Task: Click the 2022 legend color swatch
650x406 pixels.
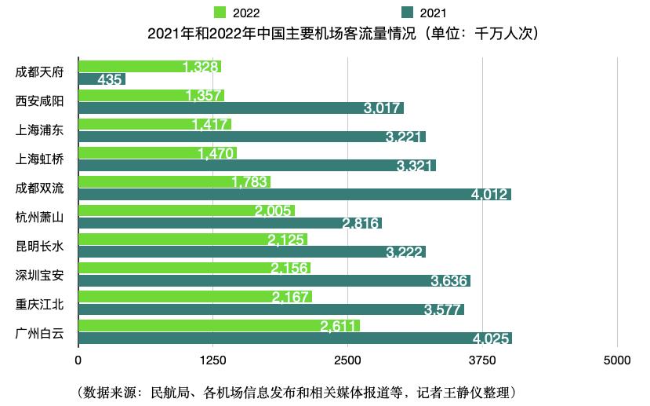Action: coord(221,12)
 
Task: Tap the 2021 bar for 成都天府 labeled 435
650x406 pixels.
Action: coord(102,79)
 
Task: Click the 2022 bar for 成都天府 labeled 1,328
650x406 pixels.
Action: coord(149,67)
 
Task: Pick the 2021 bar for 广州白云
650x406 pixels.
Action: coord(294,338)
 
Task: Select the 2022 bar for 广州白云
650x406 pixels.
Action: coord(219,326)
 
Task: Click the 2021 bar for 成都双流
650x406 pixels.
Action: coord(294,194)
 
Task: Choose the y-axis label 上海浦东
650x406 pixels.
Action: coord(40,130)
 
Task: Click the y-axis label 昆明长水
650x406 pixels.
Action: coord(40,245)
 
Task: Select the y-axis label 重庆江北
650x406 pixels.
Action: coord(40,303)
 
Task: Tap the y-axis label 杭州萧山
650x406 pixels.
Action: coord(40,217)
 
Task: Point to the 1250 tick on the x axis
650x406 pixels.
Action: coord(212,360)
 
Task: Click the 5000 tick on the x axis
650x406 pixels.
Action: coord(617,360)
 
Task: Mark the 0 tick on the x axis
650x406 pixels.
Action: coord(78,360)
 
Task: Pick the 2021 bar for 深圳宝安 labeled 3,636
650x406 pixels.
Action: coord(274,280)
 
